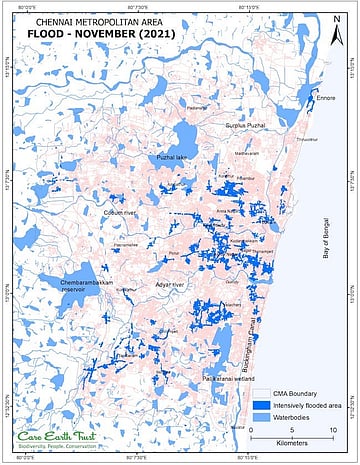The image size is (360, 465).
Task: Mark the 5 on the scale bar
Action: pyautogui.click(x=292, y=429)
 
